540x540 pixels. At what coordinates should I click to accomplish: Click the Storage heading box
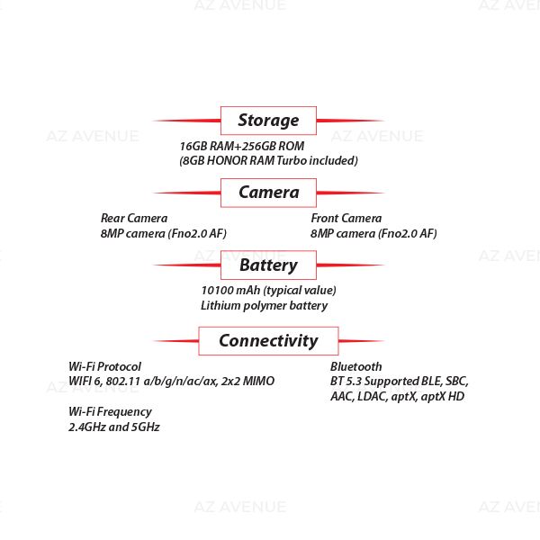point(268,120)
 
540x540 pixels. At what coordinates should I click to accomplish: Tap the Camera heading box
point(268,193)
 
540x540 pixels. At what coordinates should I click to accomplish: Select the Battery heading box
point(268,265)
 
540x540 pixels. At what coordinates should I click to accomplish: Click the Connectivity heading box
point(268,340)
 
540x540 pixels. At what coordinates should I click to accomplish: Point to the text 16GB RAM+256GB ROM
point(242,146)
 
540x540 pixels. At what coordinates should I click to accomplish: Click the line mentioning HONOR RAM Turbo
point(268,161)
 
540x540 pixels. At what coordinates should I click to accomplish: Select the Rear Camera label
point(134,218)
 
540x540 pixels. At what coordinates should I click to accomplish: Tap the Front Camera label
point(346,218)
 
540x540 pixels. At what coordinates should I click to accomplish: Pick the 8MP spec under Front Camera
point(373,233)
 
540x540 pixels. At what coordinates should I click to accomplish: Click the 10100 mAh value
point(268,290)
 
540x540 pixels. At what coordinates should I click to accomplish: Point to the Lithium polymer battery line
point(264,305)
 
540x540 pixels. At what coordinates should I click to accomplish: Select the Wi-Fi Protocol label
point(104,366)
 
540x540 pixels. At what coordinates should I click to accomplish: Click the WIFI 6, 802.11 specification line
point(171,382)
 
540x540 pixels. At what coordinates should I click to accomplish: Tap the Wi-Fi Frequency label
point(110,411)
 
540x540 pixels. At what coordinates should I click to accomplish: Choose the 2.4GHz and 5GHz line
point(114,427)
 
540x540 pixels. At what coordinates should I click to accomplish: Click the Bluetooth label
point(355,366)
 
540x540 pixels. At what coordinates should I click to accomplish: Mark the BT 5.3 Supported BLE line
point(399,382)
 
